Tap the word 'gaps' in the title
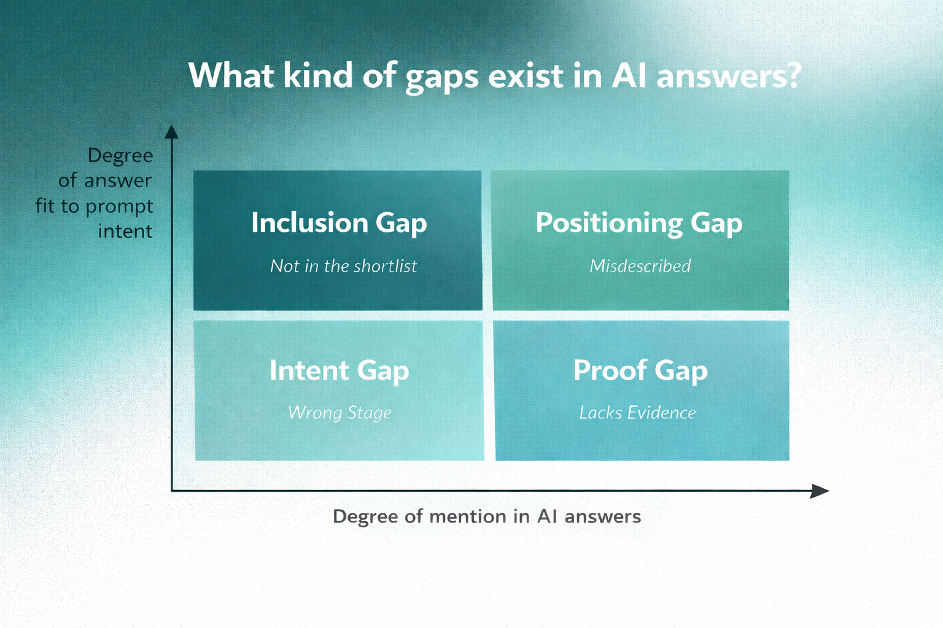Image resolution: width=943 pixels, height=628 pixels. [441, 77]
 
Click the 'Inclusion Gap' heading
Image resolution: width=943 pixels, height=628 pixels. [339, 223]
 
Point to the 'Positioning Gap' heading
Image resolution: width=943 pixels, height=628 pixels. [639, 223]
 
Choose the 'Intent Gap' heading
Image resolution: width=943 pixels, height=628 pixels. [339, 370]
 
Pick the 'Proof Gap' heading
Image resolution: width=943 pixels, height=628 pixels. [640, 370]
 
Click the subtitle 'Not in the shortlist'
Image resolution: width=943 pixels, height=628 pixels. [343, 266]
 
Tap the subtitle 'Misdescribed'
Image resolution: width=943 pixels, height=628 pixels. [640, 266]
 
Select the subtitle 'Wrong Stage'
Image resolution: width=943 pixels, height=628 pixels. [340, 413]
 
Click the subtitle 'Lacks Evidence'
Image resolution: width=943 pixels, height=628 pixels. [637, 413]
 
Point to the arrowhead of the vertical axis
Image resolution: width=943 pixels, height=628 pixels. [172, 131]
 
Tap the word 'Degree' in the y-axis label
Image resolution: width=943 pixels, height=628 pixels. [120, 156]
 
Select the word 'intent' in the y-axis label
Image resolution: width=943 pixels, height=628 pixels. [125, 231]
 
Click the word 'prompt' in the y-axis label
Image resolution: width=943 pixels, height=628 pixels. [119, 207]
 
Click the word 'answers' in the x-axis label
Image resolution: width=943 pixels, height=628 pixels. [603, 516]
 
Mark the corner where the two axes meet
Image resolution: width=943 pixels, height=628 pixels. [172, 491]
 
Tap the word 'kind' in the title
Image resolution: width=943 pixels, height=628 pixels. [317, 75]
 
